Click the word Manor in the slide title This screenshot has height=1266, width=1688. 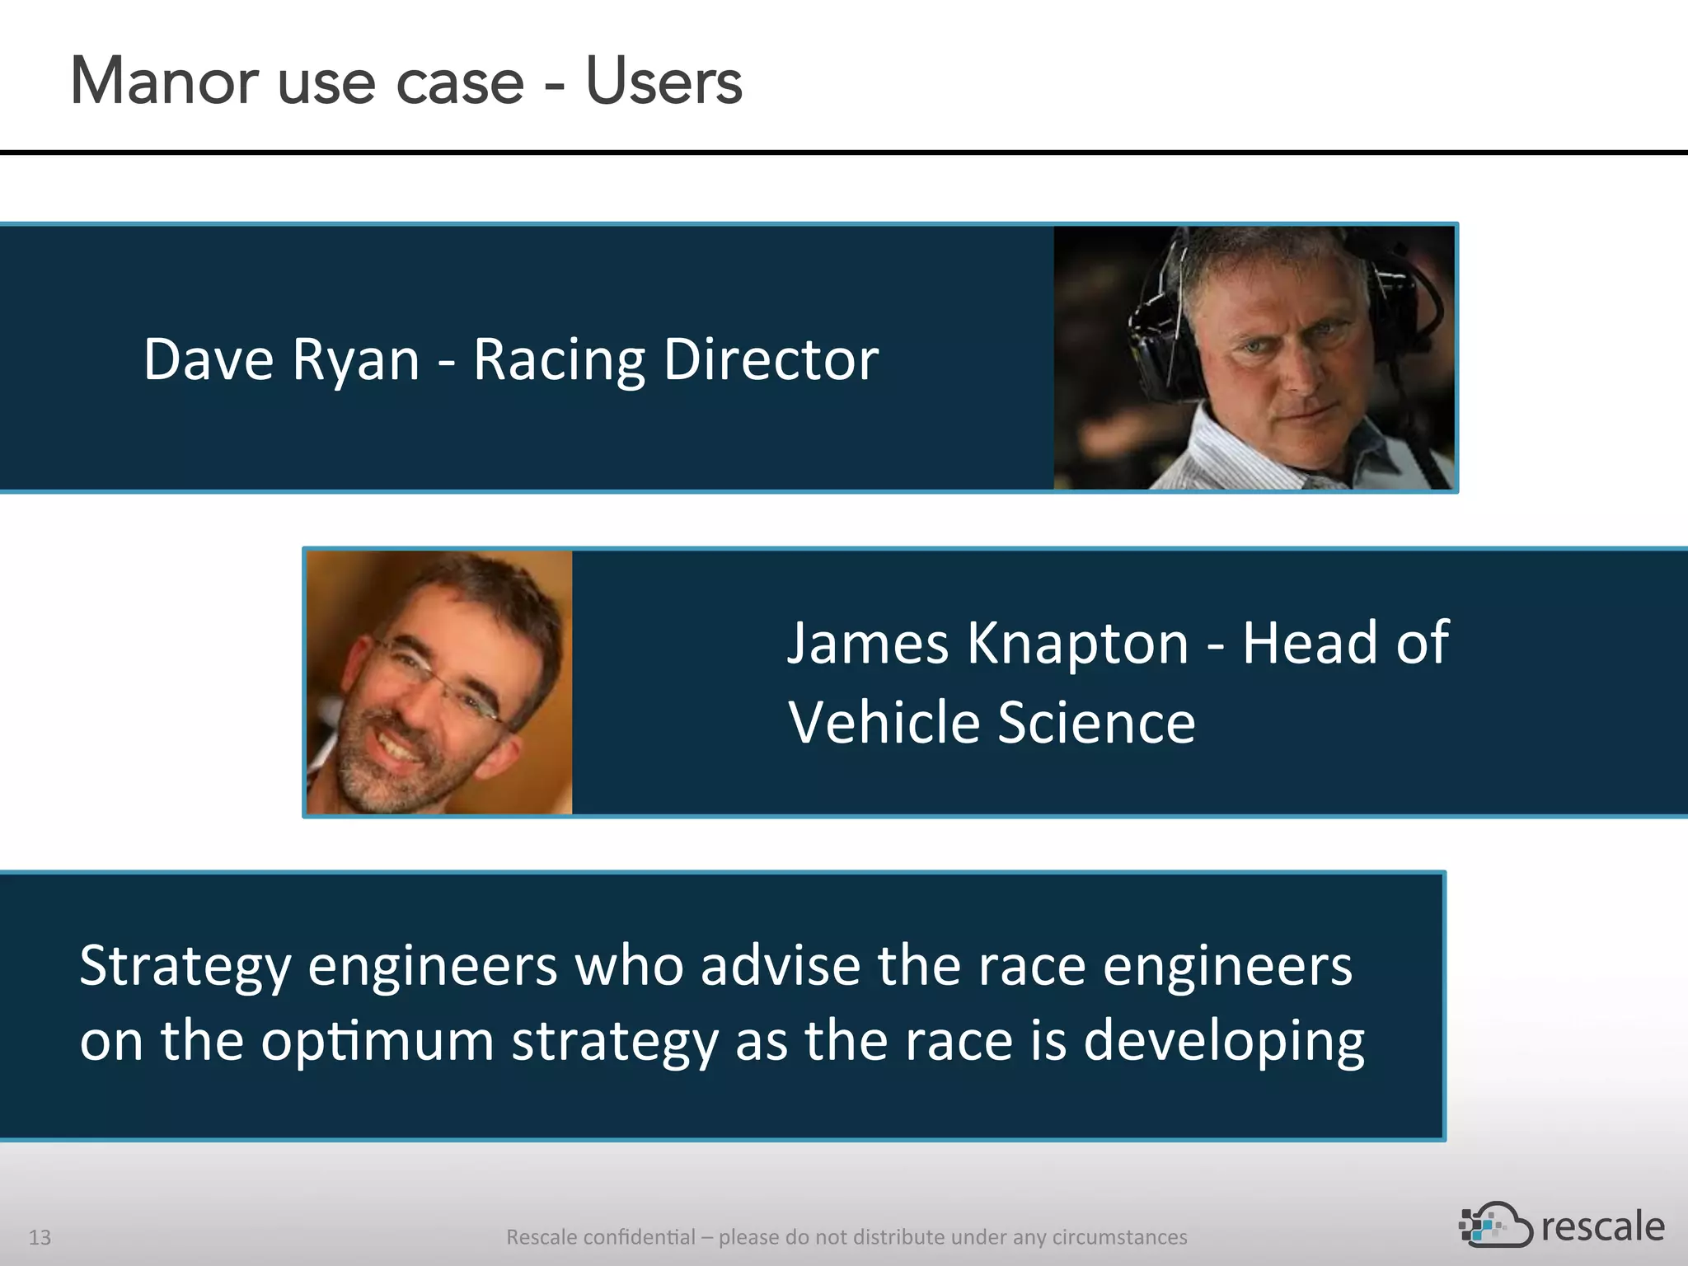coord(164,82)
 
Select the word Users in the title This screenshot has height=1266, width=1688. coord(663,82)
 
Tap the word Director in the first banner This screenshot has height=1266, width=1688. coord(771,360)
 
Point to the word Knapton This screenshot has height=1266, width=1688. coord(1077,643)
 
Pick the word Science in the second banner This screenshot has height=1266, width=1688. coord(1096,723)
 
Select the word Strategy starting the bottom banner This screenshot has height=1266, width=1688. coord(185,966)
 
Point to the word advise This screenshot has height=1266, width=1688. coord(781,966)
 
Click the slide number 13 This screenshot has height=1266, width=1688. coord(40,1237)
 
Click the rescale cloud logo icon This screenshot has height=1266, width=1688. coord(1494,1226)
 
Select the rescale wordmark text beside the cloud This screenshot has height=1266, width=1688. coord(1602,1227)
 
